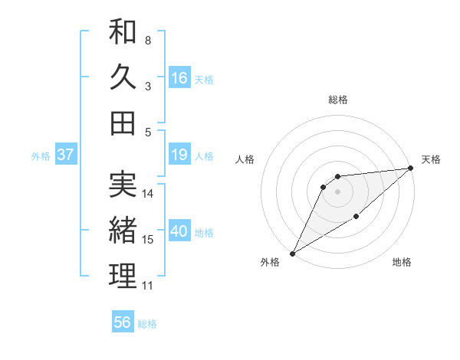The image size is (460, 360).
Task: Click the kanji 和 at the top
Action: [123, 32]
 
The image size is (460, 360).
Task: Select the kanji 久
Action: [123, 77]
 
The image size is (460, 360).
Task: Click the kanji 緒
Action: [123, 230]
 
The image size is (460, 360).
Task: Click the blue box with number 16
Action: [179, 77]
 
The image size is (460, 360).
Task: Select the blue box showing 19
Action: [179, 155]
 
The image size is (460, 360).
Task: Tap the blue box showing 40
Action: [179, 231]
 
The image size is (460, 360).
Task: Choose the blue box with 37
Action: [65, 155]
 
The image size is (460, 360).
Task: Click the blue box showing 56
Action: [123, 322]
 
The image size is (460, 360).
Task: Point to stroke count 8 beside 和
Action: [147, 40]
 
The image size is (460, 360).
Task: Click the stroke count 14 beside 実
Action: [148, 194]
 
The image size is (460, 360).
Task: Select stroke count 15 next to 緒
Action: [148, 240]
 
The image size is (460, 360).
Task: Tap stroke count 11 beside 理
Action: [148, 286]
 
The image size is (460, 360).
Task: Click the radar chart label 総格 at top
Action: [337, 100]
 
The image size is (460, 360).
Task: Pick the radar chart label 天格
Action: [431, 159]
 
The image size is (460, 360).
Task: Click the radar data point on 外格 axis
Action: [292, 253]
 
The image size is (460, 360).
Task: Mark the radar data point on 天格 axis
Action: [410, 168]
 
